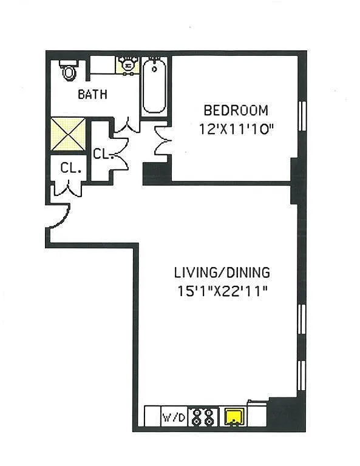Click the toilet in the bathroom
(69, 70)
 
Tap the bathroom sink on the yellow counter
(128, 64)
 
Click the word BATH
(92, 95)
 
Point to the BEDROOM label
(236, 110)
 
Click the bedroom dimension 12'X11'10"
(236, 129)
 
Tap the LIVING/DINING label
(222, 272)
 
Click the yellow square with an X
(68, 134)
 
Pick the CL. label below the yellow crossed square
(71, 168)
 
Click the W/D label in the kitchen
(174, 417)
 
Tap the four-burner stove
(203, 417)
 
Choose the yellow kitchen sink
(235, 417)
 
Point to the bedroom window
(302, 116)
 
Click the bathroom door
(127, 126)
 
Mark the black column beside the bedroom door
(157, 174)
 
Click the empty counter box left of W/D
(152, 416)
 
